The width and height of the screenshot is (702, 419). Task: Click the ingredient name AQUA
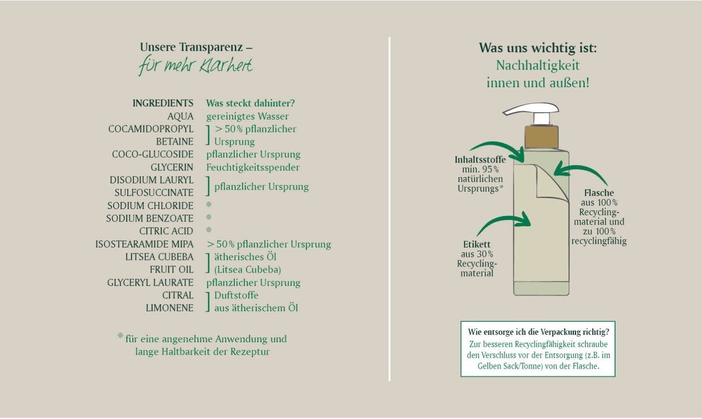pos(180,116)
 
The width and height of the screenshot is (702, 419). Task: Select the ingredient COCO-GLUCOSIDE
pos(152,154)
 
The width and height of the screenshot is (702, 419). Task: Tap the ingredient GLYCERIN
pos(172,167)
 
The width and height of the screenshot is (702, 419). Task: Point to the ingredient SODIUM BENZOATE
pos(149,218)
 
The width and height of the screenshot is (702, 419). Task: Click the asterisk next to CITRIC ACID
pos(209,230)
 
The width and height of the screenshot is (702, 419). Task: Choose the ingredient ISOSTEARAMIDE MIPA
pos(144,244)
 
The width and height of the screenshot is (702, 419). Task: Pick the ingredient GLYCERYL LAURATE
pos(150,283)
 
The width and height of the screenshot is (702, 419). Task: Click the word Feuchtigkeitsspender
pos(253,167)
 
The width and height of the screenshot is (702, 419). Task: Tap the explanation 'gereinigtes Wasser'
pos(247,116)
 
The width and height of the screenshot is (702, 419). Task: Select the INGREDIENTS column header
pos(163,103)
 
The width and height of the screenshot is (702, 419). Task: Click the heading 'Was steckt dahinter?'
pos(251,103)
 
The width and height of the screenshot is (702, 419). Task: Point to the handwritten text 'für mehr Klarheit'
pos(196,66)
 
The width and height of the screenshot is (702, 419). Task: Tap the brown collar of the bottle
pos(541,137)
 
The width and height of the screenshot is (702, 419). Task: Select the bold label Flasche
pos(599,193)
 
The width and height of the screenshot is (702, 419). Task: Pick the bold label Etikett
pos(476,245)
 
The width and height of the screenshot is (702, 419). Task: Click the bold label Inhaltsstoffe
pos(480,160)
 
